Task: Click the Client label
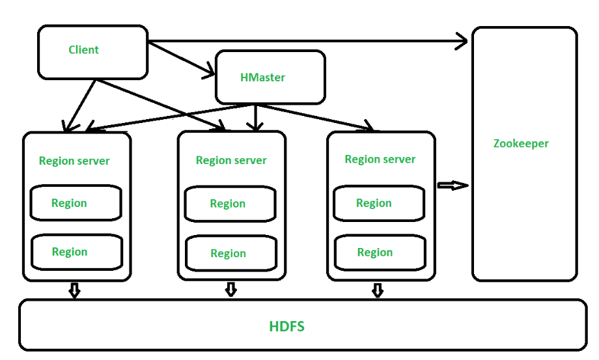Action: [83, 49]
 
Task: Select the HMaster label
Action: [262, 77]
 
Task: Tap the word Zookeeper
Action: [521, 143]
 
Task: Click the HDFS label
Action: [286, 326]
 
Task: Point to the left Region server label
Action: [74, 161]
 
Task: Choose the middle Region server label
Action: [231, 160]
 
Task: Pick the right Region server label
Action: [380, 159]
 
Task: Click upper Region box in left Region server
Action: [76, 203]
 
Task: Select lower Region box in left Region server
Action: [77, 252]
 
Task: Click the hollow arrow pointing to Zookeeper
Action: [453, 186]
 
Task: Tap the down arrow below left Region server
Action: [74, 290]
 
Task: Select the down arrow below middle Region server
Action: [230, 290]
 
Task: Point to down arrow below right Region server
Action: [378, 290]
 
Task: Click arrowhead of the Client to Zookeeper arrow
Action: [462, 42]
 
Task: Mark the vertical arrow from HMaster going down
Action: [255, 118]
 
